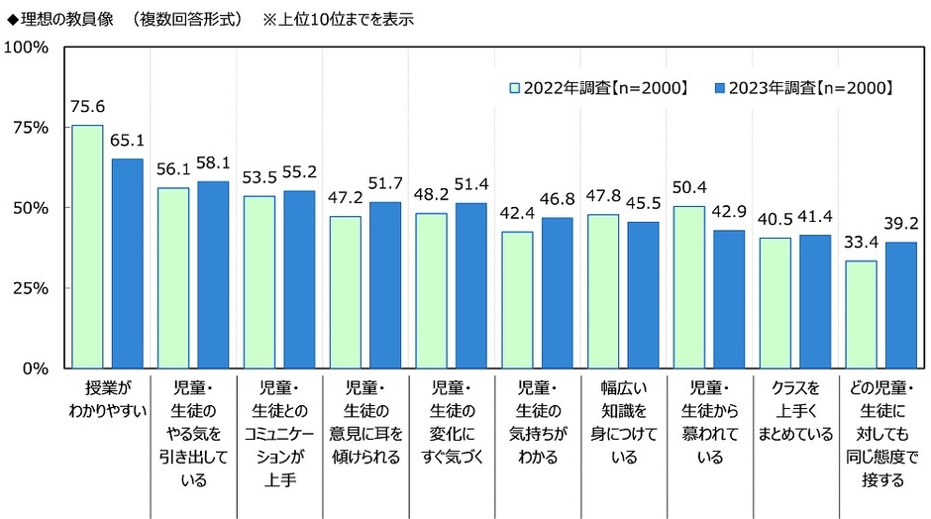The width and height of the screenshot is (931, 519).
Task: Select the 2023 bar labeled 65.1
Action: pos(127,262)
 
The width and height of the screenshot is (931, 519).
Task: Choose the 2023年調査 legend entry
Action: pos(803,88)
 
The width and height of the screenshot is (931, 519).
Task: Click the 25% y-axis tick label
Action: pos(32,288)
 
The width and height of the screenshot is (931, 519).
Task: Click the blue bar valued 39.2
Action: pos(900,305)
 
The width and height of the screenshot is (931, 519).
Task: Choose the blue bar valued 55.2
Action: pos(298,279)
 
